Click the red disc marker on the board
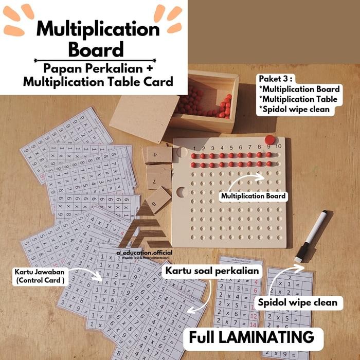269,139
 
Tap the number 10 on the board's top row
278,147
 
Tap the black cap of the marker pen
302,253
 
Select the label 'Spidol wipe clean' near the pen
298,302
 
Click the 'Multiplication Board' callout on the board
253,196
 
